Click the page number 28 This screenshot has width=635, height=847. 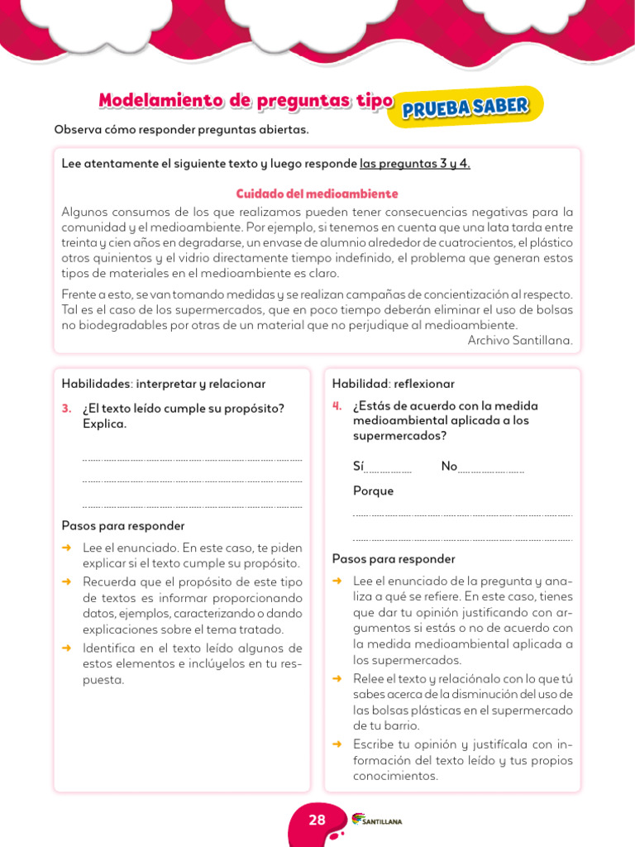(x=317, y=820)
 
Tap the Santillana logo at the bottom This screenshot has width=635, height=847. (x=377, y=820)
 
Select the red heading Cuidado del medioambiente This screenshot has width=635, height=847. (x=317, y=194)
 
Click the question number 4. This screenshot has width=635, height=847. (x=337, y=405)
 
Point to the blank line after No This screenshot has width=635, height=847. (x=491, y=469)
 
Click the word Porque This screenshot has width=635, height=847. (x=373, y=490)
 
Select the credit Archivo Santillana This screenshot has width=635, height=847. (x=519, y=340)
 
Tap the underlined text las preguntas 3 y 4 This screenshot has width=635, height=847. (x=414, y=164)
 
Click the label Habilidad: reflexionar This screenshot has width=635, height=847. (x=393, y=384)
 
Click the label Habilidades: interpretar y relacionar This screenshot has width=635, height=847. (x=163, y=384)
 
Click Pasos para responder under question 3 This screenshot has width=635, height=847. (x=122, y=526)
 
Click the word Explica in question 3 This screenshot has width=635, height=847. (x=104, y=423)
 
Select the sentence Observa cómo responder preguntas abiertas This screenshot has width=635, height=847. (x=181, y=130)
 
